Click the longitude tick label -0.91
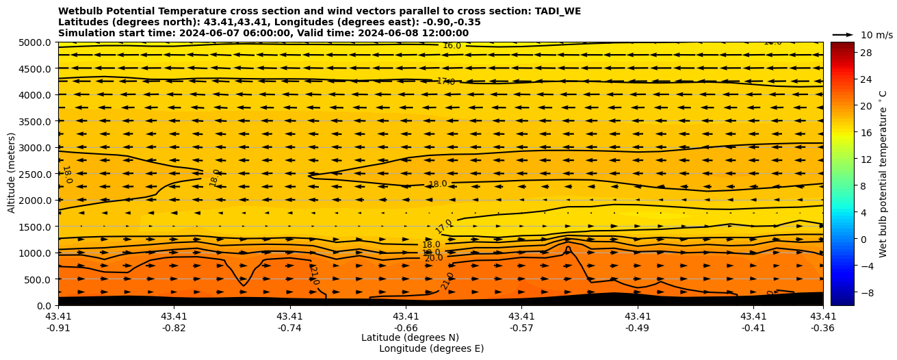(58, 328)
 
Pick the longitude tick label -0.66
(406, 328)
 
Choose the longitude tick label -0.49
(638, 328)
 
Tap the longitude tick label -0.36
(823, 328)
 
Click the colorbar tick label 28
(865, 53)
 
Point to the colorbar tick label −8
(865, 292)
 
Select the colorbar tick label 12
(865, 159)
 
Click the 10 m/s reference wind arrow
(843, 34)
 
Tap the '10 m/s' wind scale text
(876, 35)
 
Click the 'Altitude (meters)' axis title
(12, 174)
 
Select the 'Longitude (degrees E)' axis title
(431, 348)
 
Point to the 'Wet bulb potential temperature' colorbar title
(883, 174)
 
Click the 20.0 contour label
(434, 258)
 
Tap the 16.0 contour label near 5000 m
(452, 46)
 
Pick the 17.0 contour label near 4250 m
(445, 81)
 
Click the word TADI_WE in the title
(558, 11)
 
